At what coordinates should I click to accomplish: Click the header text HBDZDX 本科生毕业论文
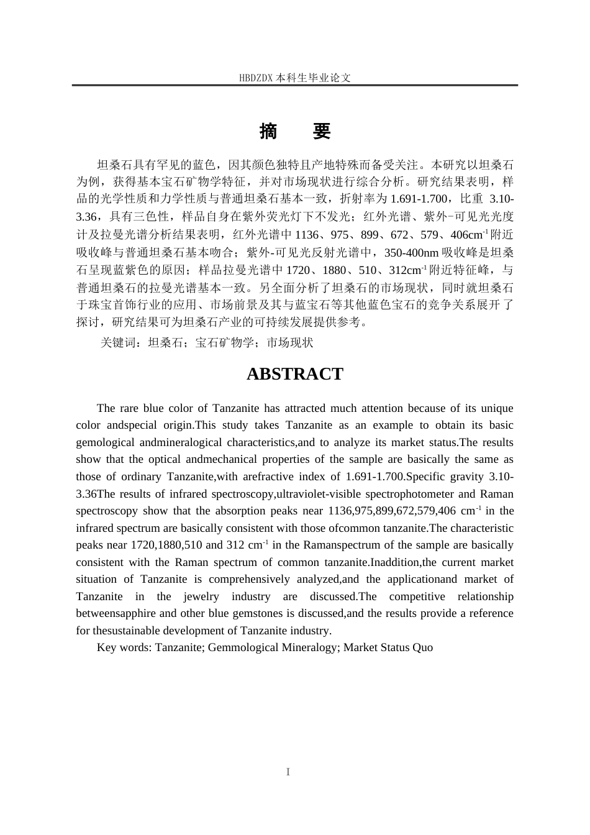click(295, 78)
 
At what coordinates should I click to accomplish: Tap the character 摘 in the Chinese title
click(268, 131)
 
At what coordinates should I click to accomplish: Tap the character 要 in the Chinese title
click(321, 131)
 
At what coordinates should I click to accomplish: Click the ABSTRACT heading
click(294, 374)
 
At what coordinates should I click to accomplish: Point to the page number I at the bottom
click(288, 772)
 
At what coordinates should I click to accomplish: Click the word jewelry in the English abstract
click(201, 596)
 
